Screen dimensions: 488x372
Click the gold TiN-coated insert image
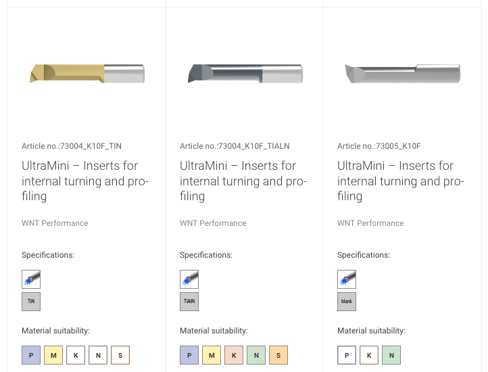point(87,74)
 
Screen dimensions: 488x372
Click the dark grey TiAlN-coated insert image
point(245,74)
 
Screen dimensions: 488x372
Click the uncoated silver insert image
point(403,74)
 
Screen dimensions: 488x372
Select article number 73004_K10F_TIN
point(91,146)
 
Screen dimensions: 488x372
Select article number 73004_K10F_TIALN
point(254,146)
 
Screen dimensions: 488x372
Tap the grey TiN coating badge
point(31,301)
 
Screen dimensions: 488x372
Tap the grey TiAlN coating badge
point(189,301)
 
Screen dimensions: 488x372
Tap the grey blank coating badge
point(347,301)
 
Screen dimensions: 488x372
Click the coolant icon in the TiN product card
point(31,279)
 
